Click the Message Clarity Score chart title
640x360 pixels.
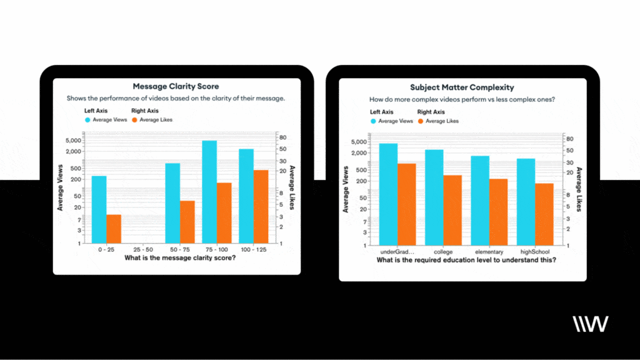point(176,86)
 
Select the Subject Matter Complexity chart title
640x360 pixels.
point(462,87)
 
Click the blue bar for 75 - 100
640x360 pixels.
point(209,191)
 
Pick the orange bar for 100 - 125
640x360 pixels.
point(261,206)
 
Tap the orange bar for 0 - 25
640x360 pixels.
point(113,229)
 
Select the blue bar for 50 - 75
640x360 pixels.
point(172,203)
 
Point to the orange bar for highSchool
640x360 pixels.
point(544,214)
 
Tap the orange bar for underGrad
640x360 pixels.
point(407,204)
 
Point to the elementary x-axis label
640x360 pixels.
point(489,252)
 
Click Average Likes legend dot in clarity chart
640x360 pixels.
point(135,119)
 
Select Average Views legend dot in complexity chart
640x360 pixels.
point(374,121)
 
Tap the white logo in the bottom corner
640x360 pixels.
point(590,324)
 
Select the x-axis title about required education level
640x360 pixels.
point(466,260)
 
